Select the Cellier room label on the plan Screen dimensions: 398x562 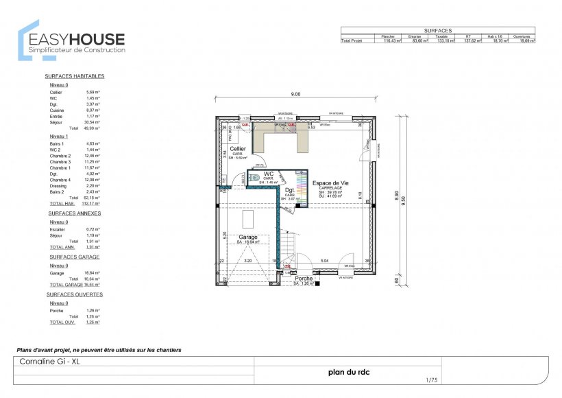[x=238, y=148]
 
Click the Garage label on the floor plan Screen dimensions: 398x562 [x=247, y=237]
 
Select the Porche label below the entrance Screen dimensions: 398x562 [x=304, y=278]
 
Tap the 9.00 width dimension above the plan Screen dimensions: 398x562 [x=295, y=94]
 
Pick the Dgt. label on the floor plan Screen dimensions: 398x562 [x=290, y=190]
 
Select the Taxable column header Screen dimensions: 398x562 [x=442, y=36]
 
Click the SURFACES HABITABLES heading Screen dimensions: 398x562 [x=75, y=76]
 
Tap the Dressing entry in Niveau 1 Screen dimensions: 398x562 [x=59, y=186]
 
